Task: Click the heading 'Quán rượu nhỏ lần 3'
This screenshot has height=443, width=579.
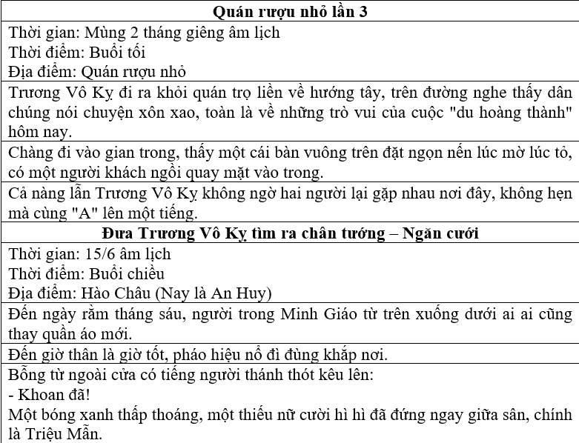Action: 289,13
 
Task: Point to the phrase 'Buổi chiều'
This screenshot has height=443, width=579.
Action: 123,272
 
